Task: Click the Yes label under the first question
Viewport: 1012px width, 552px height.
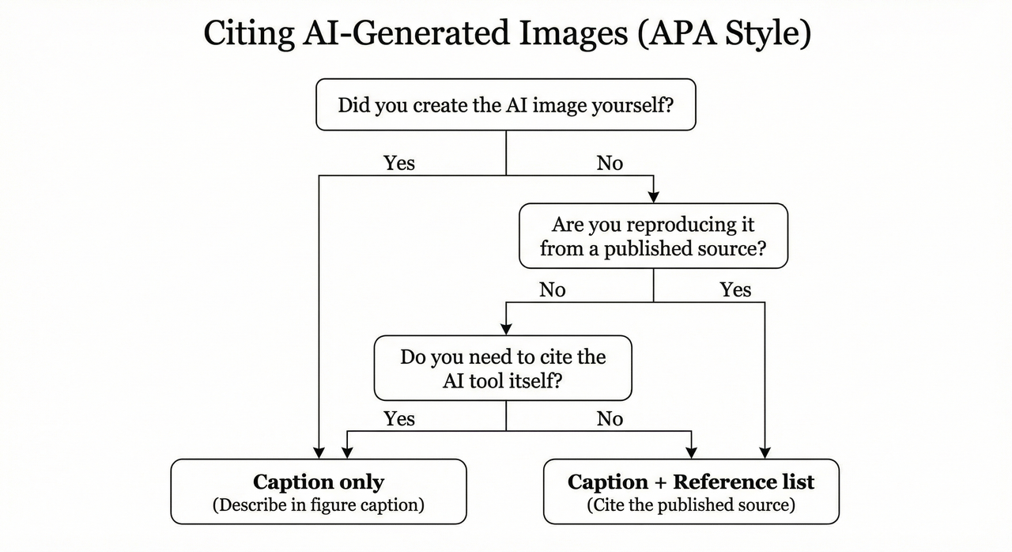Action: point(399,163)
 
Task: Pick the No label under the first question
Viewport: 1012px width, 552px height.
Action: point(610,163)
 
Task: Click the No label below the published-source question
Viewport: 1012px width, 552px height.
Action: point(553,290)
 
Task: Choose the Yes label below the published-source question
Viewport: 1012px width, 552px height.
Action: point(735,290)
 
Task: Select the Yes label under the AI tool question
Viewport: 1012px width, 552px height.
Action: point(399,418)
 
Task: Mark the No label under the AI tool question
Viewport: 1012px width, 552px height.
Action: point(610,418)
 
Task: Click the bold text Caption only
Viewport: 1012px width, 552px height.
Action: point(319,482)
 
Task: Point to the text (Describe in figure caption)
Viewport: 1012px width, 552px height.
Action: point(319,505)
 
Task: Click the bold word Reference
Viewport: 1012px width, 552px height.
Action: point(744,482)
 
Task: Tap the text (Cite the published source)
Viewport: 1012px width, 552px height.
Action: point(691,505)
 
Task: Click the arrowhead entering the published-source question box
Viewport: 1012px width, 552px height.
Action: point(654,198)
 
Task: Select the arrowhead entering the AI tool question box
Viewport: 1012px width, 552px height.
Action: point(506,329)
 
